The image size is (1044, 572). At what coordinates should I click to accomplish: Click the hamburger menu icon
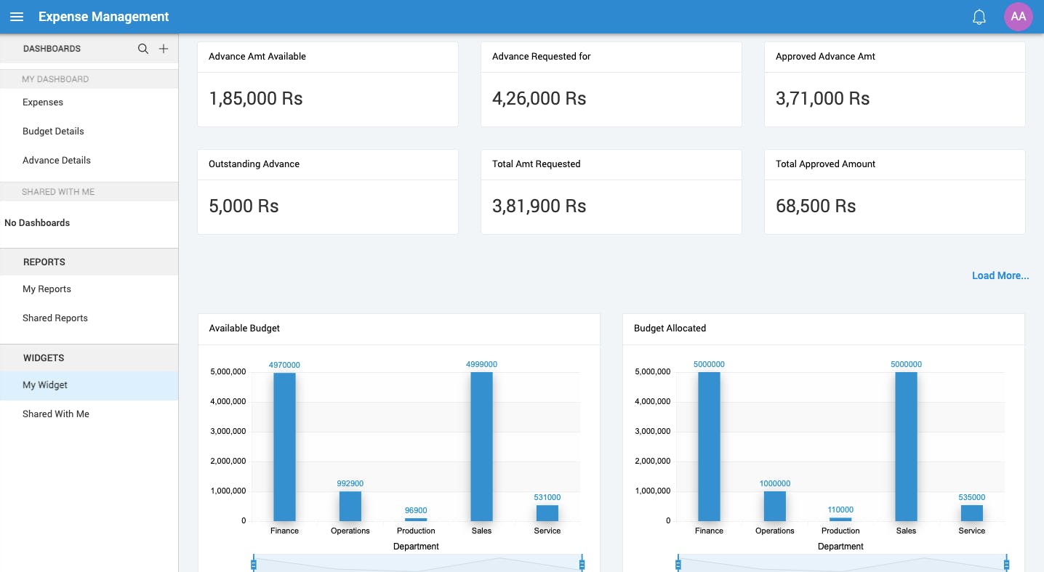pyautogui.click(x=17, y=17)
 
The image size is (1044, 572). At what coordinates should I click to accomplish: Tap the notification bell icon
pyautogui.click(x=979, y=17)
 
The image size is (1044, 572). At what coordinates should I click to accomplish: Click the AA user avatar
pyautogui.click(x=1018, y=17)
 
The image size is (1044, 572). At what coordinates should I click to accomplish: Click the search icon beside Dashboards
pyautogui.click(x=143, y=49)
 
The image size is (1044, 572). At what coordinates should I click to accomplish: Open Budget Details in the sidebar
pyautogui.click(x=53, y=132)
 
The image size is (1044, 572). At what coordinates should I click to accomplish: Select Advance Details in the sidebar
pyautogui.click(x=57, y=161)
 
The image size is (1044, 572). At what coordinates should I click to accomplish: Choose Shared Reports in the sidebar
pyautogui.click(x=55, y=318)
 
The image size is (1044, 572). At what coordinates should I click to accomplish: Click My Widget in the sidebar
pyautogui.click(x=45, y=385)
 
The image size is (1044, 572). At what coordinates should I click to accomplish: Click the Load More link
pyautogui.click(x=1000, y=276)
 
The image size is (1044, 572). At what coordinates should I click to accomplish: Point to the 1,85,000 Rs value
pyautogui.click(x=256, y=99)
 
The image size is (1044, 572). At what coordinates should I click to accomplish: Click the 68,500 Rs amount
pyautogui.click(x=816, y=206)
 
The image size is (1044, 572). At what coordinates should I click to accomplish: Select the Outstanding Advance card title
pyautogui.click(x=254, y=164)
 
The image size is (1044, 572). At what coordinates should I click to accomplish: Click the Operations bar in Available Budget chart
pyautogui.click(x=350, y=506)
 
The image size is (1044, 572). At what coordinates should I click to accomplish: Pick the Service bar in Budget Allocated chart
pyautogui.click(x=971, y=513)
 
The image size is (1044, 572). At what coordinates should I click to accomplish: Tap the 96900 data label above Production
pyautogui.click(x=416, y=510)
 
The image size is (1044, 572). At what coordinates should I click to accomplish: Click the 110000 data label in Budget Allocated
pyautogui.click(x=840, y=509)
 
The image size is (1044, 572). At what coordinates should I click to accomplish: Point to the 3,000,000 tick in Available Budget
pyautogui.click(x=228, y=432)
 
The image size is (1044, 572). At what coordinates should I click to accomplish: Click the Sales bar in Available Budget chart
pyautogui.click(x=481, y=446)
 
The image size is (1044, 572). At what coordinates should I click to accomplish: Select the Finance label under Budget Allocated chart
pyautogui.click(x=709, y=531)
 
